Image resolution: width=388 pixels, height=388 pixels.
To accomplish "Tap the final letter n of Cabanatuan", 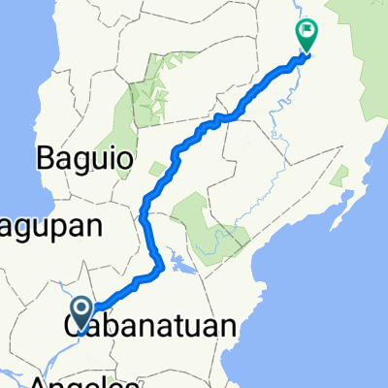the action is pyautogui.click(x=228, y=327).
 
